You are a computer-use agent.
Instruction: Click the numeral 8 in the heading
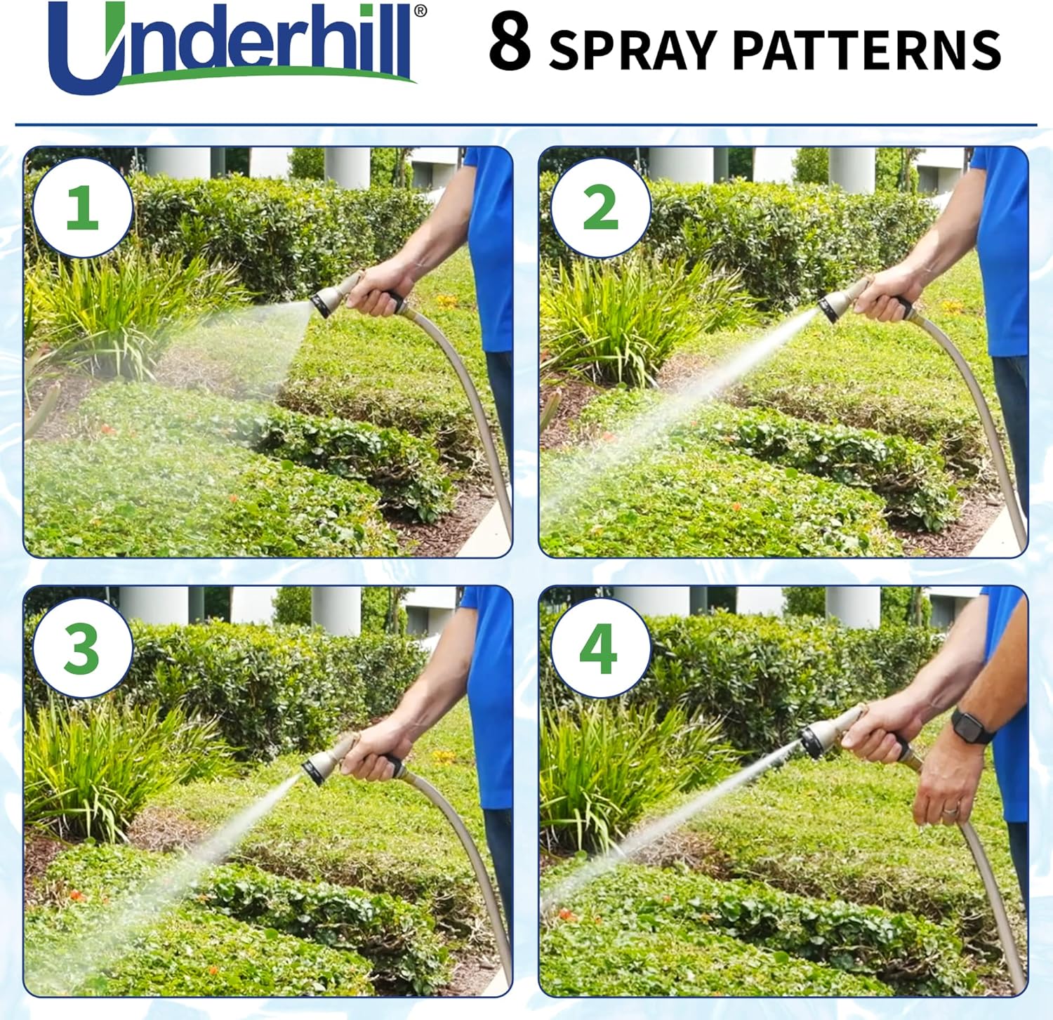(510, 44)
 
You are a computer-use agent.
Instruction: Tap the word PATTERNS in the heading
(867, 49)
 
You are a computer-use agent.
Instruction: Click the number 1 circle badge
(82, 208)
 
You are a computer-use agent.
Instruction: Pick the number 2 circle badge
(600, 208)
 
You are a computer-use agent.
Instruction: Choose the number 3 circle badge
(82, 648)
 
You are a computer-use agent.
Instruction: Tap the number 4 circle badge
(600, 648)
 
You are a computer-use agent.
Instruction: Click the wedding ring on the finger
(950, 809)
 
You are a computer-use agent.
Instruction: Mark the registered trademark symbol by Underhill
(420, 11)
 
